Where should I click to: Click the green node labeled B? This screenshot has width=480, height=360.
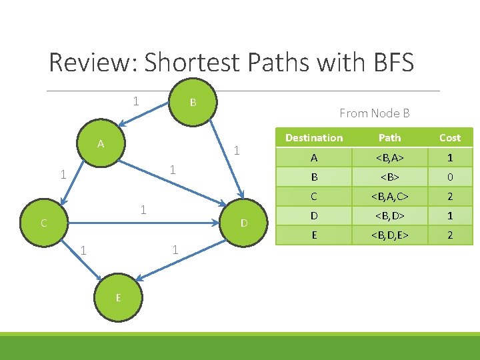[x=192, y=102]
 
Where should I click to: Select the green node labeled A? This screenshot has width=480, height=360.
[x=100, y=143]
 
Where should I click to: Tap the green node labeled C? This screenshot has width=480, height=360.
[x=43, y=223]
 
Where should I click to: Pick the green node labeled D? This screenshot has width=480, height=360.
[x=244, y=222]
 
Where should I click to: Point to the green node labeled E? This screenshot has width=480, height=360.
[x=118, y=297]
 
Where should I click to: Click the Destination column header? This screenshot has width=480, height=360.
[x=314, y=138]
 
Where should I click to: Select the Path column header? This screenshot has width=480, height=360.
[x=389, y=138]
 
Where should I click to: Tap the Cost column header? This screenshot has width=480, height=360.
[x=449, y=138]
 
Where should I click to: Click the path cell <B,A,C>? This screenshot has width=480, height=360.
[x=389, y=197]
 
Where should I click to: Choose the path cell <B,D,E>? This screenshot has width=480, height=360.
[x=389, y=235]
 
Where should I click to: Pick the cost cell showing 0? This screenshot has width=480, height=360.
[x=449, y=178]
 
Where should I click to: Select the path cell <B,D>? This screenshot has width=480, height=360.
[x=389, y=216]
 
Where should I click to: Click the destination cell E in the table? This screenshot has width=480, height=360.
[x=314, y=235]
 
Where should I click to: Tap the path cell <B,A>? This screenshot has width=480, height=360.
[x=389, y=159]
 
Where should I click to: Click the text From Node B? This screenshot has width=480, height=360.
[x=374, y=113]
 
